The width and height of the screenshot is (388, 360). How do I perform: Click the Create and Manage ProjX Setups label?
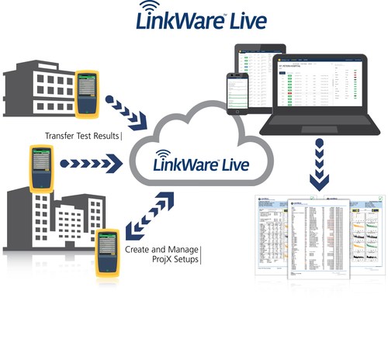click(x=161, y=254)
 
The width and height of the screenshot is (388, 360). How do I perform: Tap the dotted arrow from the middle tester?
click(x=92, y=164)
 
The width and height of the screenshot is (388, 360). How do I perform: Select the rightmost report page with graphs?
click(x=362, y=237)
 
